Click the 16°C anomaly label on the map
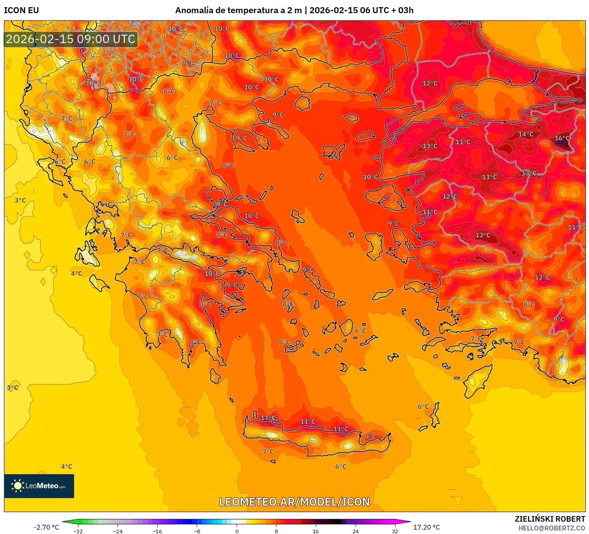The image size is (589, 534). [x=562, y=138]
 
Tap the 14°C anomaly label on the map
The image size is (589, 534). [x=526, y=134]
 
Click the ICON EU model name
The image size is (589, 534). [x=22, y=10]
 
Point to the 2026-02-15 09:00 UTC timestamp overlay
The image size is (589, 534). [x=70, y=39]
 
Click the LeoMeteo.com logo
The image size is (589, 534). [x=39, y=486]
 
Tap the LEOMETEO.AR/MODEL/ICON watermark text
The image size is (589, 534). [x=294, y=502]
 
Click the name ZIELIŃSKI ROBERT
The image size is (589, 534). [x=550, y=519]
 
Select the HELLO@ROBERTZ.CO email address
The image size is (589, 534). [x=552, y=528]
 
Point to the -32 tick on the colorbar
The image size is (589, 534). [x=78, y=531]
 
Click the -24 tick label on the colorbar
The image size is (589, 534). [x=117, y=531]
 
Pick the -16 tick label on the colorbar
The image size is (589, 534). [x=157, y=531]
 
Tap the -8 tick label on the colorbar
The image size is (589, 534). [x=197, y=531]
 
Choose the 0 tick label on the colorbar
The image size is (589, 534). [x=237, y=531]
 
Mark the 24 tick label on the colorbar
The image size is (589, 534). [x=355, y=531]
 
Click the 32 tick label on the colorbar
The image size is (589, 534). [x=395, y=531]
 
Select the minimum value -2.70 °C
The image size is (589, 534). [x=46, y=527]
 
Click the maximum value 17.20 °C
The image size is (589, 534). [x=427, y=527]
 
